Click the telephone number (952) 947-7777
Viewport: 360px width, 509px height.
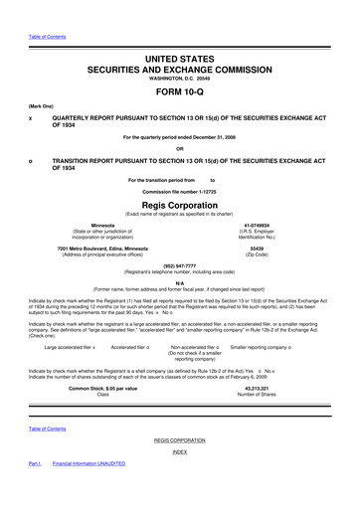click(179, 265)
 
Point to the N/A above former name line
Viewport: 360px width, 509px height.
click(179, 281)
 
